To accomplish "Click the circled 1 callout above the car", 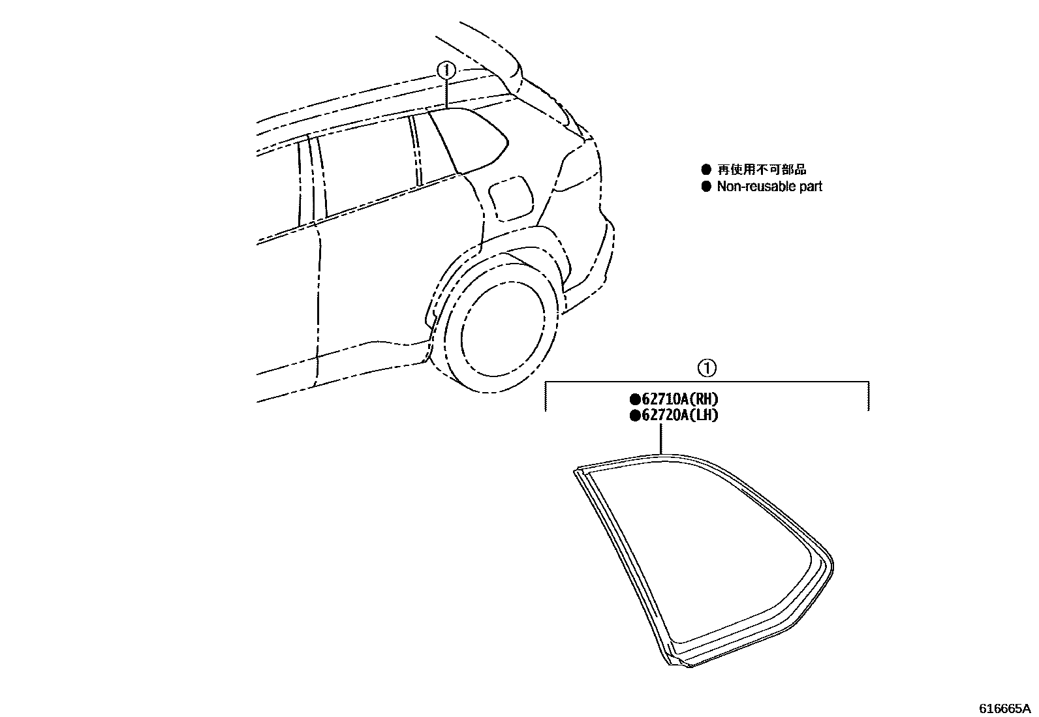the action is click(x=445, y=69).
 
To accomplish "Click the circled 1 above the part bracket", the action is click(x=707, y=369).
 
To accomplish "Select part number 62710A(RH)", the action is click(x=679, y=399).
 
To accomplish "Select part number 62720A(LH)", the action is click(x=679, y=415).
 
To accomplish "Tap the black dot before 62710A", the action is click(x=634, y=399).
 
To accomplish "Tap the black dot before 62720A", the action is click(x=634, y=415).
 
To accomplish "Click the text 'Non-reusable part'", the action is click(x=769, y=187).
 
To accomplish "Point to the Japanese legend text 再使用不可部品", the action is click(x=762, y=170).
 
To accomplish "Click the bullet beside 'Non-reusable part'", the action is click(x=706, y=187).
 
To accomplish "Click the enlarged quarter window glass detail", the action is click(x=705, y=555).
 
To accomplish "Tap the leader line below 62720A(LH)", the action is click(x=662, y=438).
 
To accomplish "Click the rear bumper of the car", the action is click(x=591, y=274).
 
